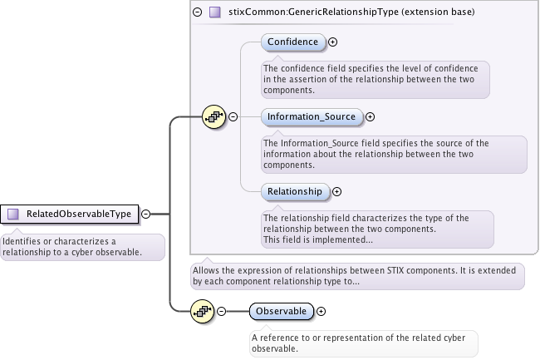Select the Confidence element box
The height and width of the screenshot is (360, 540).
(x=292, y=42)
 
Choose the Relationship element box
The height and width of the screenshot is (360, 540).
(x=294, y=191)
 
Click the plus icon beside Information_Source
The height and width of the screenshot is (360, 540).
(x=371, y=117)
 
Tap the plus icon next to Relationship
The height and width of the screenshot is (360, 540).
(x=336, y=191)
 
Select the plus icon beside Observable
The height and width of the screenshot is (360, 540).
(x=321, y=311)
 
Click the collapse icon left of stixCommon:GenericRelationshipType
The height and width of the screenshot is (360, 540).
(x=197, y=12)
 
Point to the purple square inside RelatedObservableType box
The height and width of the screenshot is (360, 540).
(x=12, y=215)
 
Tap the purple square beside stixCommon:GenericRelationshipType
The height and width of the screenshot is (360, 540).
(x=215, y=12)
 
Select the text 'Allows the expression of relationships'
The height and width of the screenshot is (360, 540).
(x=357, y=275)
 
